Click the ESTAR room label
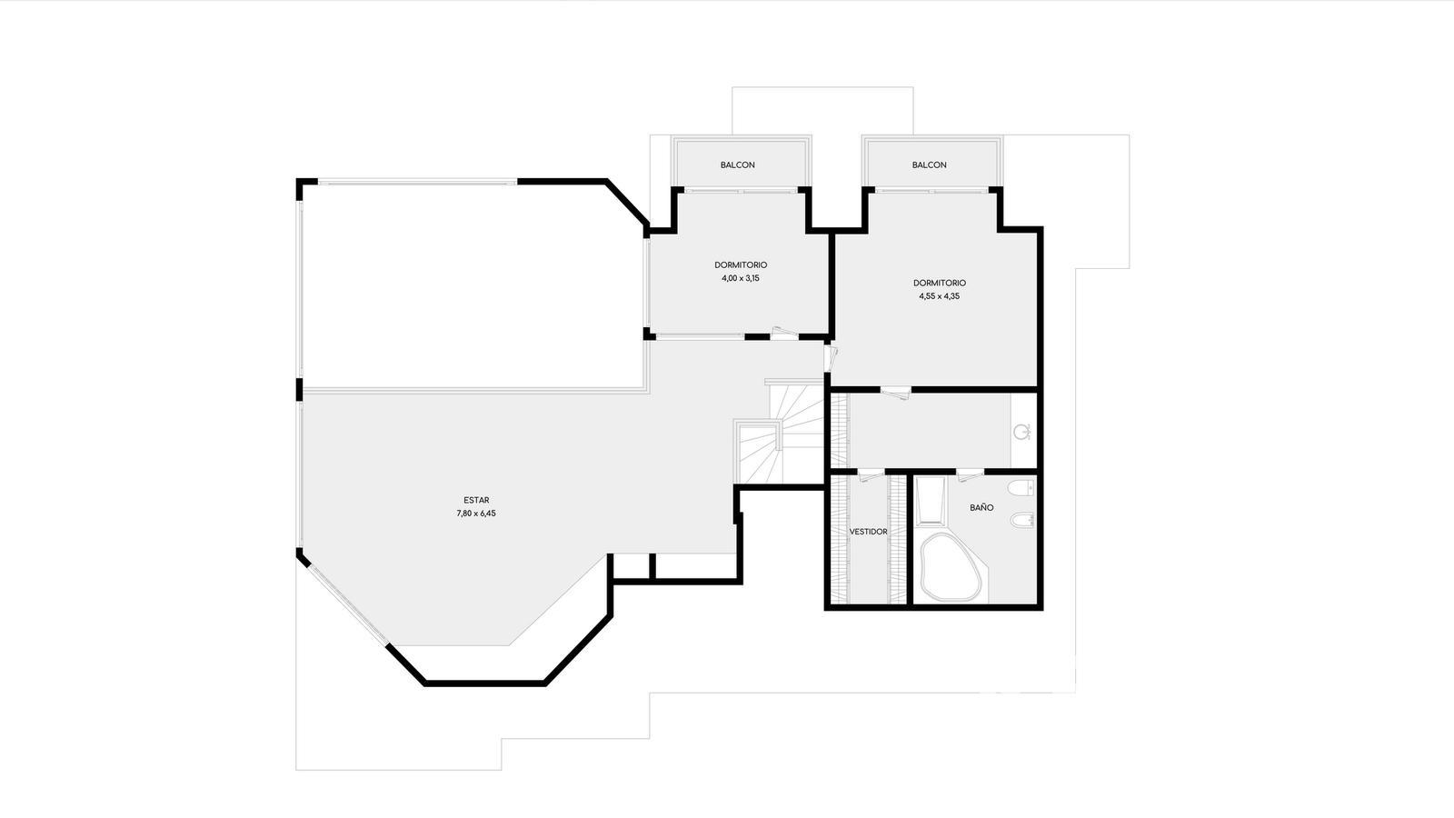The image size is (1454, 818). [x=476, y=500]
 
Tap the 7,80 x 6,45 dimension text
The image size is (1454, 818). [x=476, y=514]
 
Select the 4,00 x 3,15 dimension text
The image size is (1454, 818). [x=740, y=278]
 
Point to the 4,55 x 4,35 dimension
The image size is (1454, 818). [x=939, y=296]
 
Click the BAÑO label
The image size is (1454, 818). [x=981, y=508]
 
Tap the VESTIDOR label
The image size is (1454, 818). [x=869, y=532]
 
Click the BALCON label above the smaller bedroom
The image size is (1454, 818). [x=737, y=165]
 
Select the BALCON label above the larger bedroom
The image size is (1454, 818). [x=929, y=165]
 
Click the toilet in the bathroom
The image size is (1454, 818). [x=1021, y=487]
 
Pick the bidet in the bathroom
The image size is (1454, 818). [x=1022, y=521]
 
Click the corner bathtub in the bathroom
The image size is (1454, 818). [x=951, y=567]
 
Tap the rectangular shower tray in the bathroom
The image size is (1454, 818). [x=931, y=501]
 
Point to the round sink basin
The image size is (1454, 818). [x=1022, y=431]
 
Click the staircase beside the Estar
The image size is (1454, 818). [x=781, y=434]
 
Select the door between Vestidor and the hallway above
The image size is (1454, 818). [x=869, y=474]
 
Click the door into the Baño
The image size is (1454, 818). [x=969, y=474]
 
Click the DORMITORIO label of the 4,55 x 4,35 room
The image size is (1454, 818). [x=940, y=283]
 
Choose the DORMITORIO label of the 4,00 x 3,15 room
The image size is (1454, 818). [x=741, y=264]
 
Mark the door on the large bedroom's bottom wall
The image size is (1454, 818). [x=896, y=392]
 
